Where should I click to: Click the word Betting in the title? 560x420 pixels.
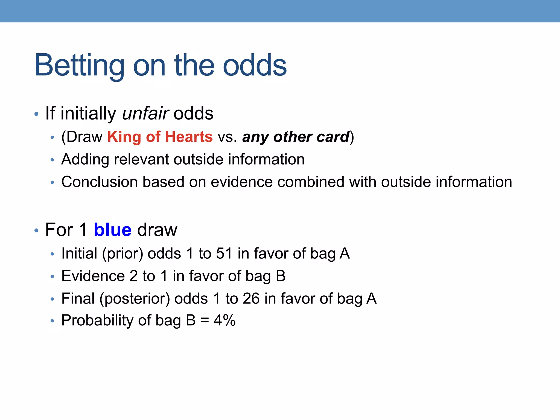[79, 66]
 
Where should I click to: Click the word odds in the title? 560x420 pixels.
[255, 66]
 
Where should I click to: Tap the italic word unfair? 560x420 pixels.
[145, 113]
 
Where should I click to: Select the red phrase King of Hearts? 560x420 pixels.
[160, 137]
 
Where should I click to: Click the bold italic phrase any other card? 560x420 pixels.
[296, 137]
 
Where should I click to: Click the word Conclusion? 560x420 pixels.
[99, 182]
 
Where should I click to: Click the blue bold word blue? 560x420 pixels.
[112, 230]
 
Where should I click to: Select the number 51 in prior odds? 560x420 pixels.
[224, 253]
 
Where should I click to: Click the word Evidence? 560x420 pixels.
[93, 276]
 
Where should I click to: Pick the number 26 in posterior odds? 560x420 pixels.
[251, 298]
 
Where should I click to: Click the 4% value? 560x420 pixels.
[224, 320]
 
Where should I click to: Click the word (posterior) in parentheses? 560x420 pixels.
[135, 298]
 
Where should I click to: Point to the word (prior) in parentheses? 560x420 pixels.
[122, 253]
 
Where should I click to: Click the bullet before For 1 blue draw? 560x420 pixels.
[36, 231]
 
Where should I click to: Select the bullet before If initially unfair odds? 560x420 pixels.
[36, 114]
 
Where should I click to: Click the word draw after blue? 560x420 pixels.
[157, 230]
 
